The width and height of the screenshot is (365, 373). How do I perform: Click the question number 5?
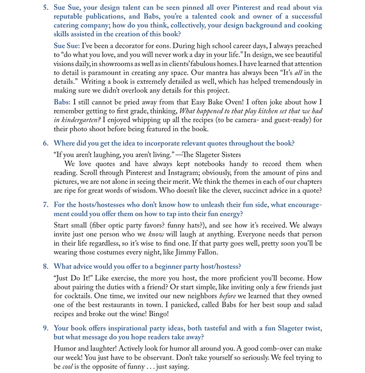click(46, 7)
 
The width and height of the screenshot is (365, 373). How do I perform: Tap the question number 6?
click(46, 143)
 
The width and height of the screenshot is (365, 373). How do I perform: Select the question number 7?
click(46, 205)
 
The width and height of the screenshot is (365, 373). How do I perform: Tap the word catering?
click(70, 26)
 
